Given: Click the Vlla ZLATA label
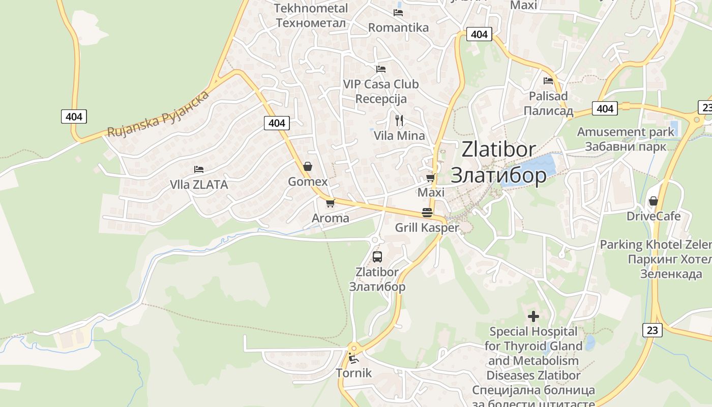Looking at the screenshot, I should coord(199,185).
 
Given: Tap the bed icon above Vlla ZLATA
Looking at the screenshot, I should coord(199,169).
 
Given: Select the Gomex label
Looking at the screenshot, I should coord(308,182).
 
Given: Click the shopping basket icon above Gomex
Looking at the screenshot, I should coord(308,166).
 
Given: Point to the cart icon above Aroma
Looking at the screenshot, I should coord(330,203).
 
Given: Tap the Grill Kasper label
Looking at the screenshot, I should coord(427,228).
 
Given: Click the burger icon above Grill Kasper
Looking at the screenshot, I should coord(427,213).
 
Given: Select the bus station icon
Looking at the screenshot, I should coord(377,257).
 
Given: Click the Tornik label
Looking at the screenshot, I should coord(354,373).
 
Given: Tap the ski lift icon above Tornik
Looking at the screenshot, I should coord(352,358).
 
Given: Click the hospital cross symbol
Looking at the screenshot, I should coord(533,316).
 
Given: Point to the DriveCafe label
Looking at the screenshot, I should coord(653,216).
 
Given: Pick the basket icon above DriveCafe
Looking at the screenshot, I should coord(653,201).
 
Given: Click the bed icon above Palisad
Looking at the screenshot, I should coord(548,80).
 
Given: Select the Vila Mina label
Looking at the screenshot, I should coord(399,136).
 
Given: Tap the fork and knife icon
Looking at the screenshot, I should coord(399,121).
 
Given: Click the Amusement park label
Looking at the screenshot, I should coord(625,132).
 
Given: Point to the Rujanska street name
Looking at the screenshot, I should coord(158,114).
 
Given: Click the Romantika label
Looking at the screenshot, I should coord(398,27).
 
